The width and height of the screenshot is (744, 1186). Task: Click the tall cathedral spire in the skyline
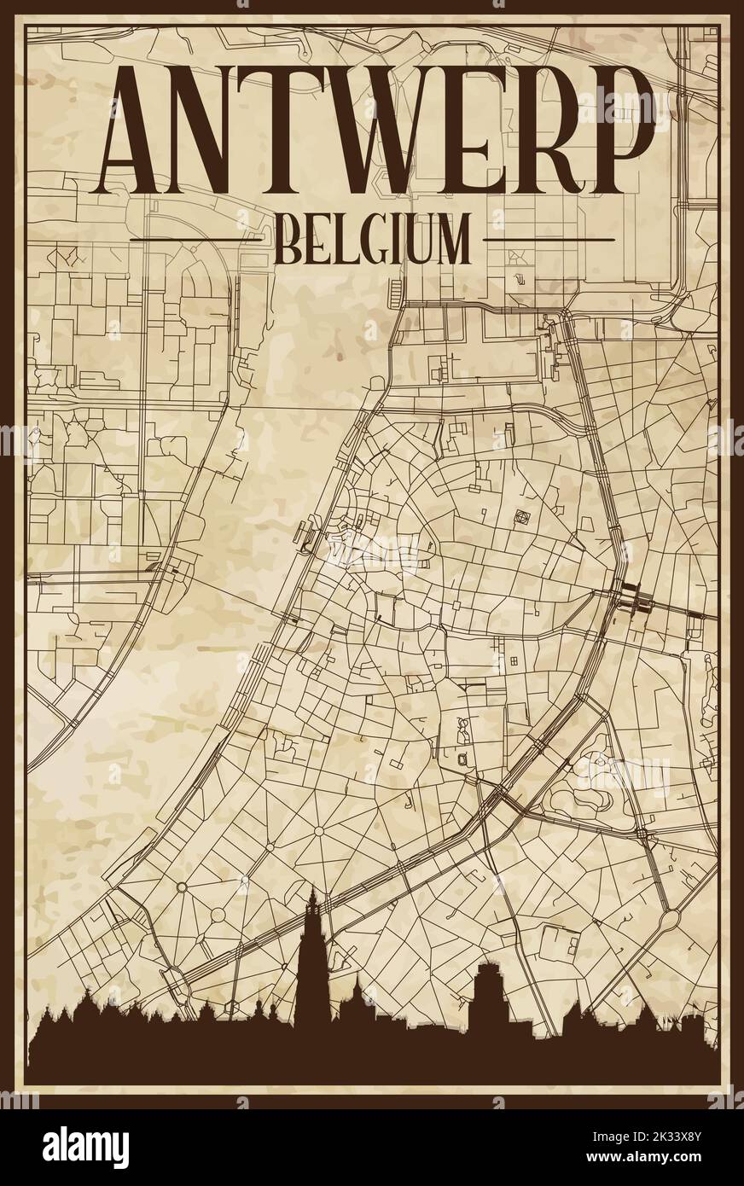click(316, 939)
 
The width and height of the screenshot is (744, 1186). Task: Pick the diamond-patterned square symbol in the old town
click(521, 516)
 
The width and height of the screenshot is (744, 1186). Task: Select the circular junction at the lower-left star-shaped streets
click(181, 887)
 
